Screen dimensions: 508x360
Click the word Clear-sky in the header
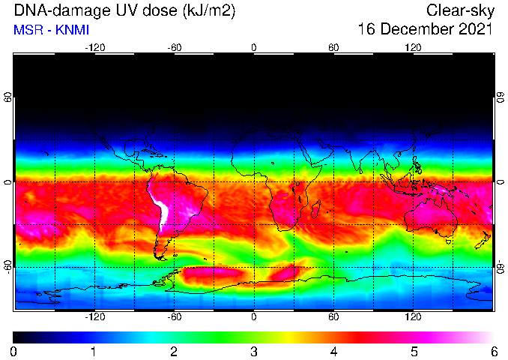[x=460, y=11]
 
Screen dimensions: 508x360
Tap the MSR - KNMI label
[x=51, y=30]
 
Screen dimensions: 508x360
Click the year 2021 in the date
[x=476, y=29]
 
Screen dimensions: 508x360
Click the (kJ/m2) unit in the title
[x=208, y=11]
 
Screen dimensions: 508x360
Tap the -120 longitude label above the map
[x=95, y=48]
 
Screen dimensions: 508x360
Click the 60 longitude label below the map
[x=333, y=316]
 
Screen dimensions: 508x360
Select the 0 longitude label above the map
[x=254, y=48]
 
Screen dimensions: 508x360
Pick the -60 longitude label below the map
[x=175, y=316]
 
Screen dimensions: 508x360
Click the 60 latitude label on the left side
[x=8, y=97]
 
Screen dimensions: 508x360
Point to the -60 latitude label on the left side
[x=8, y=266]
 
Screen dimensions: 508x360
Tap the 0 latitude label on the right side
[x=501, y=182]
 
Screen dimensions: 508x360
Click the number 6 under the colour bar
[x=494, y=352]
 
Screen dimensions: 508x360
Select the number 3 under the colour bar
[x=254, y=352]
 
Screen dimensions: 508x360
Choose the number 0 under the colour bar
[x=13, y=352]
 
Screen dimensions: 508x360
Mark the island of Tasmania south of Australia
[x=449, y=241]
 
